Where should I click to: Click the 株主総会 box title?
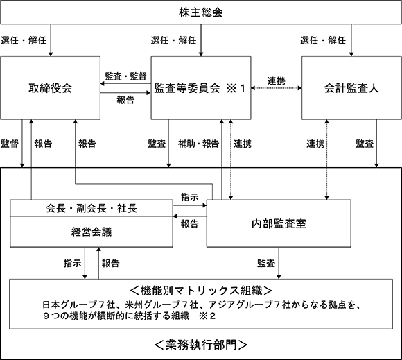coord(201,12)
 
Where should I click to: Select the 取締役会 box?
coord(50,88)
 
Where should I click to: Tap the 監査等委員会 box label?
coord(187,88)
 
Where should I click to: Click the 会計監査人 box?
coord(351,88)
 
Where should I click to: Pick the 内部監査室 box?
coord(279,223)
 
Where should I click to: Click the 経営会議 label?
coord(91,232)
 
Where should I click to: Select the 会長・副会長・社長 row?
coord(91,208)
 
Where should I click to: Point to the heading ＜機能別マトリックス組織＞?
coord(201,291)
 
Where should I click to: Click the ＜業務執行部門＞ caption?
coord(201,345)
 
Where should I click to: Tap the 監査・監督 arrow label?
coord(126,76)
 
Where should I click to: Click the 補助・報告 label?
coord(199,144)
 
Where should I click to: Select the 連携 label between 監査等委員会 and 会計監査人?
coord(277,81)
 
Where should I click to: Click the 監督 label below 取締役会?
coord(10,144)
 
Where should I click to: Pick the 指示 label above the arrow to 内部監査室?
coord(190,197)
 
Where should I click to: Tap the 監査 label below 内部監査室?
coord(266,263)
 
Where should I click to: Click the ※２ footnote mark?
coord(207,316)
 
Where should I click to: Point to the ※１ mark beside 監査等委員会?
coord(236,88)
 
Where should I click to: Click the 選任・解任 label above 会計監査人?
coord(323,40)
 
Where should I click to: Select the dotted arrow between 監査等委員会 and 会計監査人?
coord(277,88)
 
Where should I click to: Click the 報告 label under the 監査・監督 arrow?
coord(125,100)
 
